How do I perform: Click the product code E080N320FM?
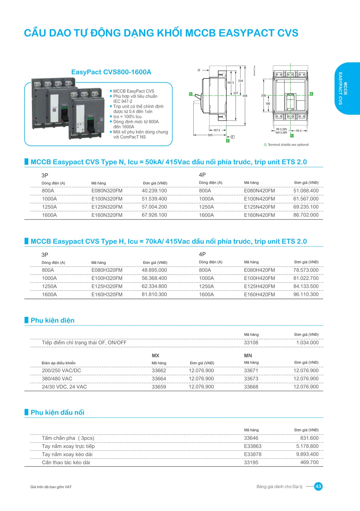107,191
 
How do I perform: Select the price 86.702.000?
306,215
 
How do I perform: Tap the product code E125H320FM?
107,286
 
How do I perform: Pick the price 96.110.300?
306,294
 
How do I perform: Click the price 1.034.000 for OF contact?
307,343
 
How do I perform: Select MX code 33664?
159,379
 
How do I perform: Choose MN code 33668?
251,387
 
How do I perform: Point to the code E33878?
252,454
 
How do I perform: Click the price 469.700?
309,462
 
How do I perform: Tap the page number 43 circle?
318,487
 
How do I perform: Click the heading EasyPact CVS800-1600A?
111,72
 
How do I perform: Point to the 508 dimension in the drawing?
245,96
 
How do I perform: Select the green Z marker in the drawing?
228,141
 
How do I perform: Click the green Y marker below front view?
292,136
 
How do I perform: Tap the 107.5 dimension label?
217,130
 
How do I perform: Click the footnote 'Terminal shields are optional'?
288,145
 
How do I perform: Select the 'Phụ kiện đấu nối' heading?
57,413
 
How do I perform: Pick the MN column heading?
248,356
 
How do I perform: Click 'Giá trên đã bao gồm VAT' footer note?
51,487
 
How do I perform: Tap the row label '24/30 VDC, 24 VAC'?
64,387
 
